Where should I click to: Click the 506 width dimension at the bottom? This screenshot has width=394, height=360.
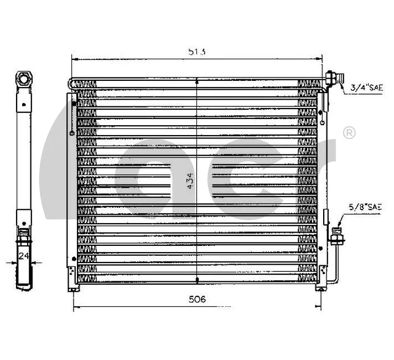(x=196, y=300)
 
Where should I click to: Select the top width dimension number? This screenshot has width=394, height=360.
(x=196, y=52)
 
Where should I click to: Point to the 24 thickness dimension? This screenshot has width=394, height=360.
(x=23, y=256)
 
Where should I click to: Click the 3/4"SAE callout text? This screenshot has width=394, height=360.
(x=366, y=88)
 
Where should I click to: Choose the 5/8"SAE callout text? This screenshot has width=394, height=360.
(x=365, y=207)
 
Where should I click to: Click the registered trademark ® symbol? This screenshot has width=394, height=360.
(x=349, y=133)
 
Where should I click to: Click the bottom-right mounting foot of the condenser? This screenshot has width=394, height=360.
(x=320, y=289)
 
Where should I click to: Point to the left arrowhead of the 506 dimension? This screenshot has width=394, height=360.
(x=76, y=307)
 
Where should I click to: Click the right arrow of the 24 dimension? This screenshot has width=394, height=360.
(x=33, y=262)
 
